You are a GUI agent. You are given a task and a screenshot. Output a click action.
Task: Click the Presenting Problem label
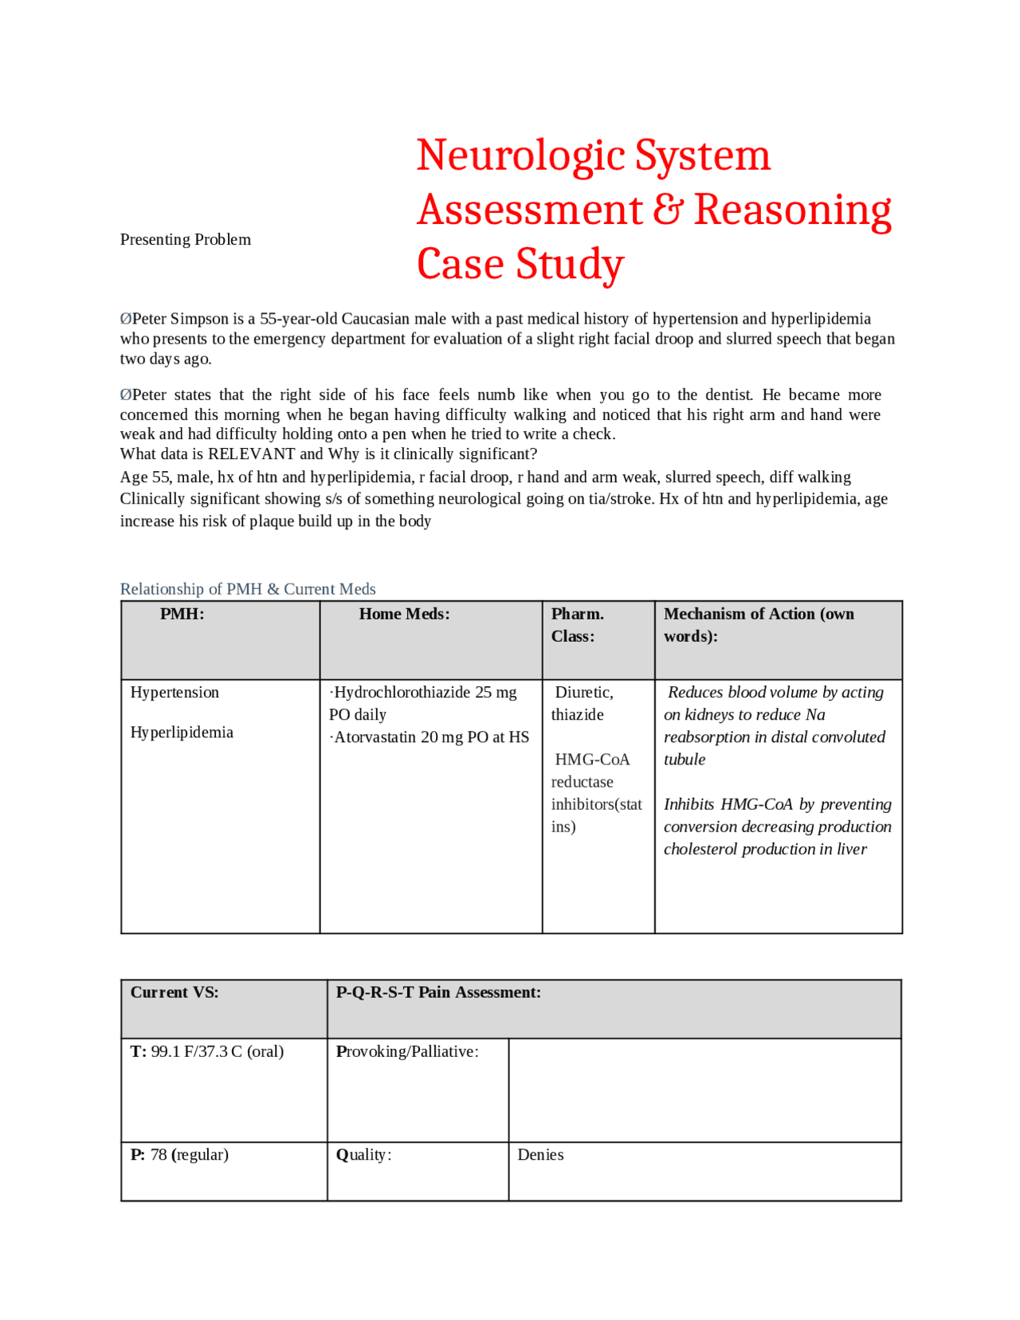pos(185,239)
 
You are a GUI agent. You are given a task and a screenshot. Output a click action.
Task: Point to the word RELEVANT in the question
pos(251,454)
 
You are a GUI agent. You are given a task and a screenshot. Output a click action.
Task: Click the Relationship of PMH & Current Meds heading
pos(248,588)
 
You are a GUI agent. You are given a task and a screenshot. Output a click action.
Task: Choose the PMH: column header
pos(182,614)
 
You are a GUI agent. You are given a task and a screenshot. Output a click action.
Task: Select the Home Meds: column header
pos(404,614)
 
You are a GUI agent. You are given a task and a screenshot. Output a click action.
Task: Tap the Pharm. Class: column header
pos(577,625)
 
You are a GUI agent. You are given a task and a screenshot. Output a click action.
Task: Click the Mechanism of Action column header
pos(758,624)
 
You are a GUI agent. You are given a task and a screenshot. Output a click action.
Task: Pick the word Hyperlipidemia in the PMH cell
pos(182,732)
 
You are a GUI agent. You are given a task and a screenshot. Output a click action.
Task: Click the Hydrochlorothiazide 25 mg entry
pos(424,692)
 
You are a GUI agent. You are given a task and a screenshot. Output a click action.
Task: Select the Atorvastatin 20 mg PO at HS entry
pos(430,737)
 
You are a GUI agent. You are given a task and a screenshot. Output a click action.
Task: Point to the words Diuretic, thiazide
pos(583,703)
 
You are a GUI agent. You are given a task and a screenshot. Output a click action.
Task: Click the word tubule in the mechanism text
pos(685,759)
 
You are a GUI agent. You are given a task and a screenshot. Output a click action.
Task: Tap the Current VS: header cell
pos(175,992)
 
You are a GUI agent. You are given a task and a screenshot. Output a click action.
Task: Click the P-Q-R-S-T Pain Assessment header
pos(438,992)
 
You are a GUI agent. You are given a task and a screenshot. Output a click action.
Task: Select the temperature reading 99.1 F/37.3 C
pos(216,1051)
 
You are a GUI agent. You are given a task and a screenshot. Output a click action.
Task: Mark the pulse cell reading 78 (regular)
pos(189,1154)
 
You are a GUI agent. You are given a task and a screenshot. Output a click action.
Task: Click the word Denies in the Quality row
pos(540,1154)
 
